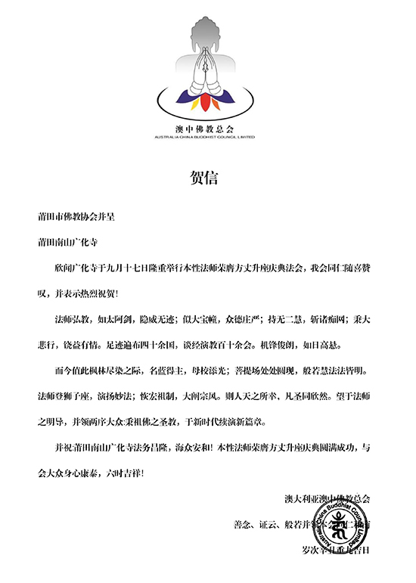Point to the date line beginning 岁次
pos(333,550)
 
